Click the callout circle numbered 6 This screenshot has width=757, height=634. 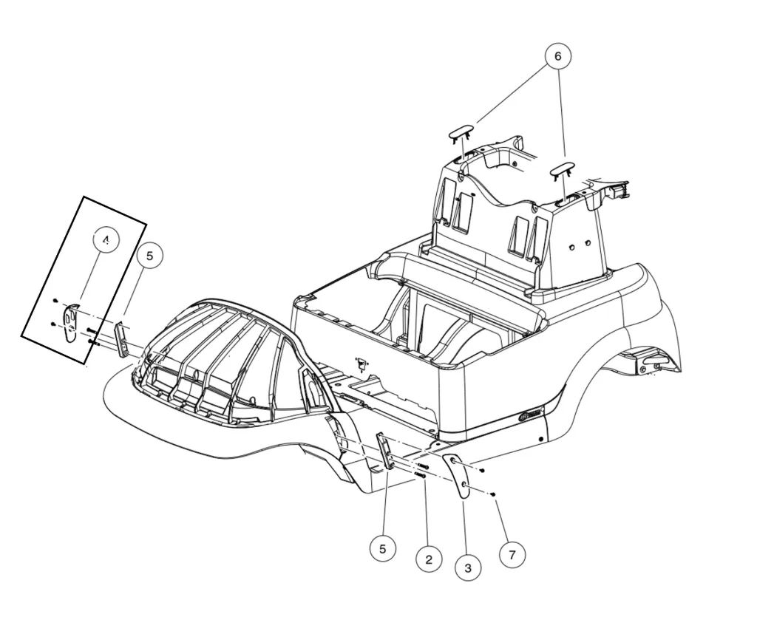click(x=558, y=56)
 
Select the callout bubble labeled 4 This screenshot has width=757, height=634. click(x=106, y=241)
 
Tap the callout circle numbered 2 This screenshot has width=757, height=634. click(x=429, y=559)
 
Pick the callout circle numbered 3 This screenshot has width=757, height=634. click(x=468, y=567)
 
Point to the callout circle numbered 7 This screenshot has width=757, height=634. click(x=512, y=554)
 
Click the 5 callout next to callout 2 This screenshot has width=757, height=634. click(x=382, y=549)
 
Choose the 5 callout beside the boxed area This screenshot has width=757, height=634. click(x=149, y=256)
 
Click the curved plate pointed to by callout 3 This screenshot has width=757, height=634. click(x=458, y=477)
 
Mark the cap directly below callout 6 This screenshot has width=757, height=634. click(x=563, y=170)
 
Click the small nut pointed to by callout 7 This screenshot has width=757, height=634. click(x=492, y=494)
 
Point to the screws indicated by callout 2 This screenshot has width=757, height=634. click(x=422, y=471)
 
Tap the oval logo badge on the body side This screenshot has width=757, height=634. click(x=531, y=415)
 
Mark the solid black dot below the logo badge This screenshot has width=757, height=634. click(x=542, y=440)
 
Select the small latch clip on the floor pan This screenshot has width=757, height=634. click(x=362, y=364)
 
